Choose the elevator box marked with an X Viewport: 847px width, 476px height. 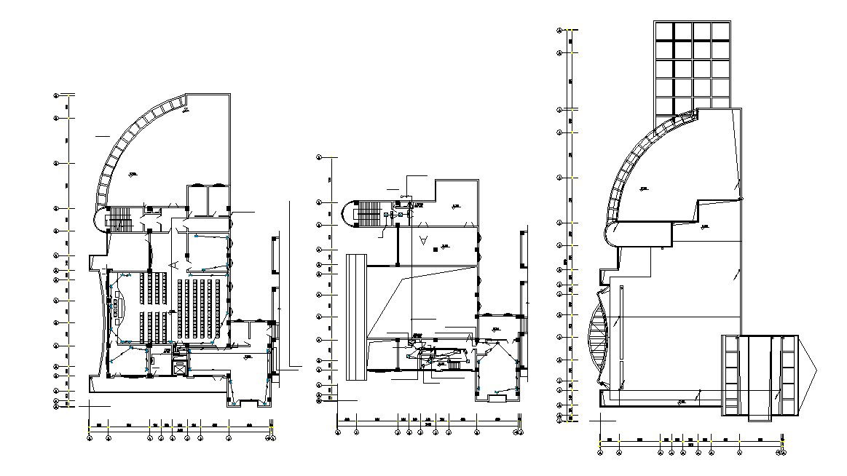click(178, 365)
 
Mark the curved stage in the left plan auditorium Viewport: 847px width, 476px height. click(119, 307)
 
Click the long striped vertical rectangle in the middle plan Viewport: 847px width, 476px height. click(356, 316)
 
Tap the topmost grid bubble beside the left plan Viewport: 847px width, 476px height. click(56, 95)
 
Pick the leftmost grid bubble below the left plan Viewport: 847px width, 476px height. click(90, 438)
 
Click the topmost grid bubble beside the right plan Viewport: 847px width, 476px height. click(559, 31)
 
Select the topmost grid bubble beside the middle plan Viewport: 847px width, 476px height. click(318, 156)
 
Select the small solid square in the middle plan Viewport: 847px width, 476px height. click(436, 250)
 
